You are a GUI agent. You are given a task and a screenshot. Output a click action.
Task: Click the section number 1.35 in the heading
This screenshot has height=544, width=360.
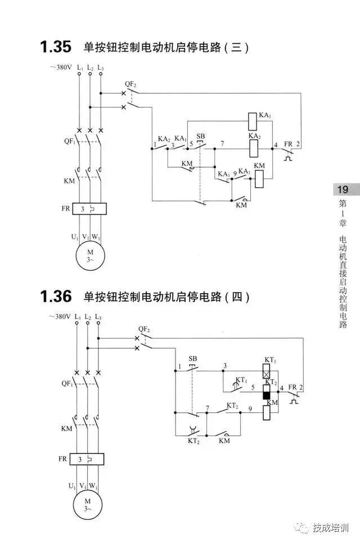tap(56, 47)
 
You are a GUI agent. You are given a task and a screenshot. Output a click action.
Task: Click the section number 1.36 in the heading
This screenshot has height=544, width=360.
tap(56, 296)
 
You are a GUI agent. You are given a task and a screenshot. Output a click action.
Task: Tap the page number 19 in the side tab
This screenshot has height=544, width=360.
tap(341, 189)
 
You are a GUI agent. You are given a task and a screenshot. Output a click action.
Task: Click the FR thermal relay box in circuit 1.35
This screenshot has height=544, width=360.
tap(89, 209)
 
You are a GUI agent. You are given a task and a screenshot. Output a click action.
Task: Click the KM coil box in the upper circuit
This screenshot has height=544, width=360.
tap(259, 179)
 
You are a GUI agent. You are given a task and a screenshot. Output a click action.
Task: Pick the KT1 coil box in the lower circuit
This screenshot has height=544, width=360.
tap(269, 372)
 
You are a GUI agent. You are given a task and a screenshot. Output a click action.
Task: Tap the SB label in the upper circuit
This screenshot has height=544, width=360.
tap(201, 137)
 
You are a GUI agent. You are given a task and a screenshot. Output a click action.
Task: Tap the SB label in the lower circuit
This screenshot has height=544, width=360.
tap(193, 359)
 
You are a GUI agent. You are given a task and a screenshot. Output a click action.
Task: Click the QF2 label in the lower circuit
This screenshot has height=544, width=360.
tap(144, 329)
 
